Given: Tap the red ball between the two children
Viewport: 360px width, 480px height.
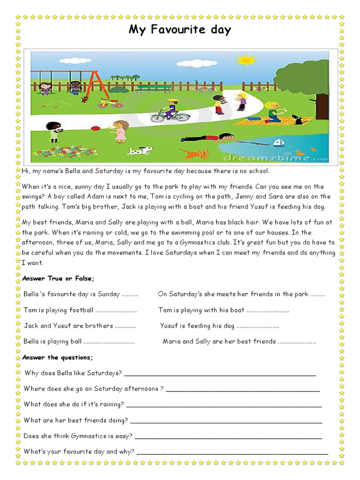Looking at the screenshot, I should pos(95,127).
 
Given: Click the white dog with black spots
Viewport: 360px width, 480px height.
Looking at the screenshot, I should pos(140,151).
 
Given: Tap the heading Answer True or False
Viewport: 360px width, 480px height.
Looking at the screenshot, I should pos(58,278).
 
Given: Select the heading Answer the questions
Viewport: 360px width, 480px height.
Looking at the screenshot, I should pos(58,357).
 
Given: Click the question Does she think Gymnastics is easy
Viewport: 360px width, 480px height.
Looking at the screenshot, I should pos(78,436).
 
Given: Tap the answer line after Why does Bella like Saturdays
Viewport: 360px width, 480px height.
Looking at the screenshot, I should pos(220,374).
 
